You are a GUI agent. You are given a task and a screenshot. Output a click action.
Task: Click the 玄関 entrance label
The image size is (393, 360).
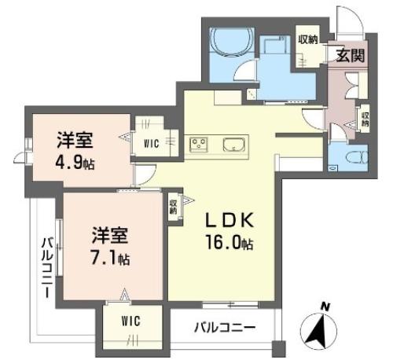(x=351, y=55)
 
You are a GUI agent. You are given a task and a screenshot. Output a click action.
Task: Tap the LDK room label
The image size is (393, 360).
(x=230, y=220)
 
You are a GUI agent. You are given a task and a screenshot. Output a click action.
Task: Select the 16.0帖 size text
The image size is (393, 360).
(x=230, y=243)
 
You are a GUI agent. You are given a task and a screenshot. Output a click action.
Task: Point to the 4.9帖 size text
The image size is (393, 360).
(x=75, y=163)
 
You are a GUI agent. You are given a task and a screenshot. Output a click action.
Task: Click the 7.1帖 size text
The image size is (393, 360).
(x=110, y=258)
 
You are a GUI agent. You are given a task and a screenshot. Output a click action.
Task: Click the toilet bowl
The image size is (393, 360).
(x=358, y=158)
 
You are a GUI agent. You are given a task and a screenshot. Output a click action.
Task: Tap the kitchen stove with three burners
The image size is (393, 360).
(x=199, y=144)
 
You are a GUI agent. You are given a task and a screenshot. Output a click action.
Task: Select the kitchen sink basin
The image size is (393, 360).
(x=233, y=145)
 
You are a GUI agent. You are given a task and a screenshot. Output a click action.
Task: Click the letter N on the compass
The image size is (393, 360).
(x=325, y=307)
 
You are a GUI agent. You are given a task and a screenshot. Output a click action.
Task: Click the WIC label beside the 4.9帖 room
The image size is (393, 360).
(x=151, y=143)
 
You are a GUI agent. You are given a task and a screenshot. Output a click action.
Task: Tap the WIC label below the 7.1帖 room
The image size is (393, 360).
(x=130, y=321)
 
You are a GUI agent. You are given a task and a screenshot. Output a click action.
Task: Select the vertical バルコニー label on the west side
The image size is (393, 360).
(x=47, y=267)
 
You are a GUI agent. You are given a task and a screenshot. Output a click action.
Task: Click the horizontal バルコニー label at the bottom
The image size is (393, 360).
(x=225, y=327)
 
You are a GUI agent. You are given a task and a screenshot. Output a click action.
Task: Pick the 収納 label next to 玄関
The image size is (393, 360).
(x=307, y=39)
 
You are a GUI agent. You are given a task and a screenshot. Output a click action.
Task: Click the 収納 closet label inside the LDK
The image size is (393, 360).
(x=173, y=207)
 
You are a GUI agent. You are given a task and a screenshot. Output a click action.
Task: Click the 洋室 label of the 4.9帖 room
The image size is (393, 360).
(x=75, y=140)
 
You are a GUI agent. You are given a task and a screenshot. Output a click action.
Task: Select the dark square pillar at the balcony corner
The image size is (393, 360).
(x=278, y=349)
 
